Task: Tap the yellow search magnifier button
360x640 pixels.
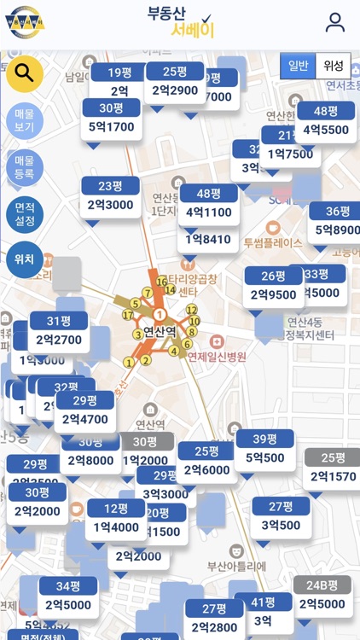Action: (25, 73)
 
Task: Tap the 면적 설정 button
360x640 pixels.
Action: (25, 213)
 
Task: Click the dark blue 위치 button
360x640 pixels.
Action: (25, 259)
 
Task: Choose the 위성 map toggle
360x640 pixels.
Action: (333, 66)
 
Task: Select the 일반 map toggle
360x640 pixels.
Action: (298, 66)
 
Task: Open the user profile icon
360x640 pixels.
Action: (335, 23)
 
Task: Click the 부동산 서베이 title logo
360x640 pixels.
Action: (180, 22)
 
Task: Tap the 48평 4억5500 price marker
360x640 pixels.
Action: (325, 121)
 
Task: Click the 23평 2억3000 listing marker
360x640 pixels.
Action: (110, 195)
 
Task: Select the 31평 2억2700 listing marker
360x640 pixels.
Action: (58, 330)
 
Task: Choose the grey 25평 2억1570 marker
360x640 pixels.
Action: (333, 468)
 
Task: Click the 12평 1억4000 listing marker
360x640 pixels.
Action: (116, 518)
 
